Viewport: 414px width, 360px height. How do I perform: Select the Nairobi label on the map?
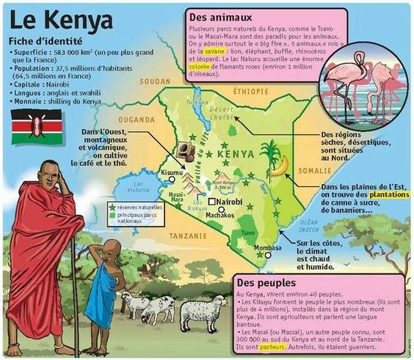[x=228, y=201]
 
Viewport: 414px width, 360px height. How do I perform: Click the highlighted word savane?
[x=216, y=52]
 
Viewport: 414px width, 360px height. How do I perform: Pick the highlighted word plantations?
[x=388, y=196]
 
